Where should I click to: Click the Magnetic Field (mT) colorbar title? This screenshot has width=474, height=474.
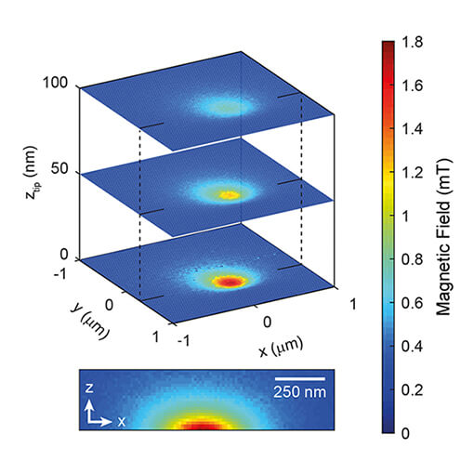pos(446,237)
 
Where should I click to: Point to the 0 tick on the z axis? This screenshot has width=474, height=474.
pos(65,255)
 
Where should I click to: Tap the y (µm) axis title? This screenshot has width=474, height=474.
pos(82,312)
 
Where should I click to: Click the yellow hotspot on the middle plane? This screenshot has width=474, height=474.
pos(226,194)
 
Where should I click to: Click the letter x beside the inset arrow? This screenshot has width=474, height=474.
pos(121,421)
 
